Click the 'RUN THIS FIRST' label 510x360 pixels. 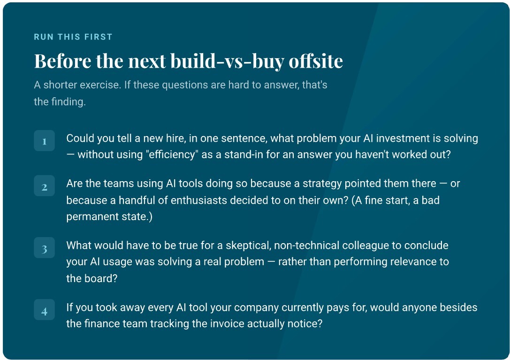coord(73,37)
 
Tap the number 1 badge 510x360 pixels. coord(44,141)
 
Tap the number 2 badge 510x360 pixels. coord(44,186)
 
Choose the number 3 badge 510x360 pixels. coord(44,248)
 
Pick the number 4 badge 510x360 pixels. coord(44,310)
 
